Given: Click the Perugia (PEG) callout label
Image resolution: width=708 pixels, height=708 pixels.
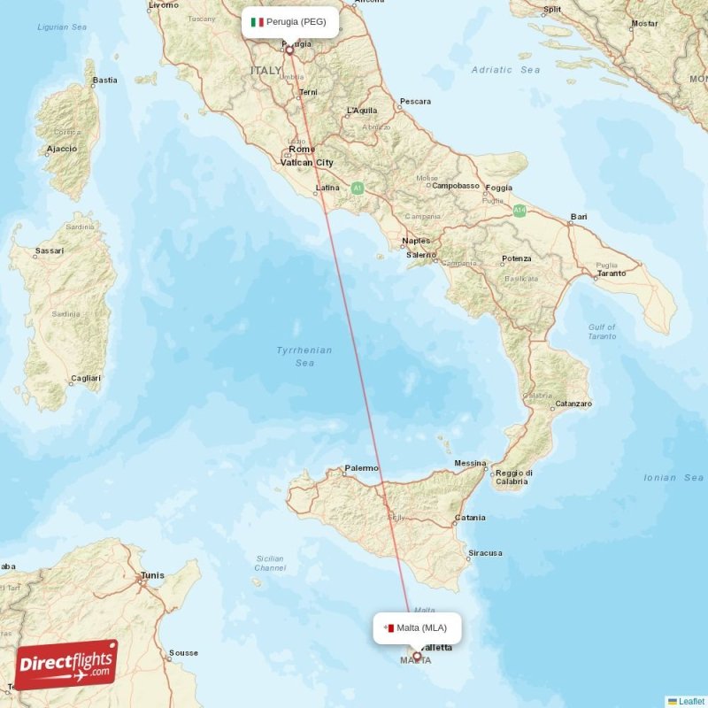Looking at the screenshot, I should pyautogui.click(x=289, y=22).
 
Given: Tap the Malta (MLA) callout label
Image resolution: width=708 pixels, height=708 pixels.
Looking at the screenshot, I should pyautogui.click(x=417, y=628).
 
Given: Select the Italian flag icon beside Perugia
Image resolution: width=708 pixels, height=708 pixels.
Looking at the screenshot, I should pyautogui.click(x=258, y=22).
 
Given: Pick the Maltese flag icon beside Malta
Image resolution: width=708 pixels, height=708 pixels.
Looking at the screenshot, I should pyautogui.click(x=388, y=628).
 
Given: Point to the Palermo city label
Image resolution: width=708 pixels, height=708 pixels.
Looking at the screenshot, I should pyautogui.click(x=361, y=467).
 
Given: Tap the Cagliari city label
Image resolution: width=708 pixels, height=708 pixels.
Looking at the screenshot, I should pyautogui.click(x=86, y=379).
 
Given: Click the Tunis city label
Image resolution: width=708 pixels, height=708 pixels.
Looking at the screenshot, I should pyautogui.click(x=152, y=576).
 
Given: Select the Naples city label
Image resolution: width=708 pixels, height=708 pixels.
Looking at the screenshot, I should pyautogui.click(x=416, y=241).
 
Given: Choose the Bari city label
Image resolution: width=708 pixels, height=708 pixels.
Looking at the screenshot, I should pyautogui.click(x=579, y=217).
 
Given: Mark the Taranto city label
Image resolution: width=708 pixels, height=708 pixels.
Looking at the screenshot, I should pyautogui.click(x=612, y=273).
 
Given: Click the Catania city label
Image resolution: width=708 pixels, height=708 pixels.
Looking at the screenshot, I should pyautogui.click(x=469, y=518).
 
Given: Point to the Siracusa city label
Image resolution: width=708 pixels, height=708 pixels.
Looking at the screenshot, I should pyautogui.click(x=485, y=553).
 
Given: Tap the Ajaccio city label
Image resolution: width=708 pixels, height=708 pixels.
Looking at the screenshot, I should pyautogui.click(x=61, y=149).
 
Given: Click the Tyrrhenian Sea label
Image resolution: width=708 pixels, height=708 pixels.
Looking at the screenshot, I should pyautogui.click(x=304, y=357).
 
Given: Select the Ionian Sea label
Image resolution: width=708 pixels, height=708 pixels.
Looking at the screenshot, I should pyautogui.click(x=673, y=478).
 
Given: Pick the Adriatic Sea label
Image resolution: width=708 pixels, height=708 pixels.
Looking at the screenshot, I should pyautogui.click(x=505, y=69).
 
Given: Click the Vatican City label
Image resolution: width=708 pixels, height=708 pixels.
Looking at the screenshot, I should pyautogui.click(x=307, y=163).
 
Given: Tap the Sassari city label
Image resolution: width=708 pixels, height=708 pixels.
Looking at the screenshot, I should pyautogui.click(x=49, y=251).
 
